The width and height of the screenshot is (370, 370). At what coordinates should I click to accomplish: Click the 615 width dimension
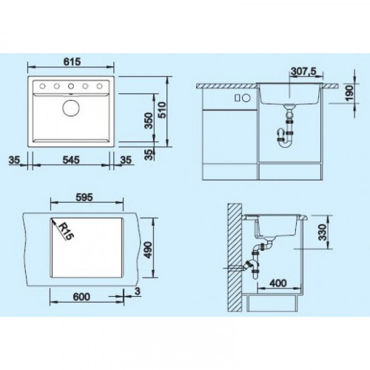pyautogui.click(x=72, y=61)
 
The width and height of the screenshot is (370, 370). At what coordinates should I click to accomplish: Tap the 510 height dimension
pyautogui.click(x=162, y=110)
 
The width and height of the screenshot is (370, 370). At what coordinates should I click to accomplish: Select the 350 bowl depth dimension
pyautogui.click(x=149, y=121)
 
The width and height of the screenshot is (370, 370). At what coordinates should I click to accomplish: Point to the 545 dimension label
pyautogui.click(x=71, y=160)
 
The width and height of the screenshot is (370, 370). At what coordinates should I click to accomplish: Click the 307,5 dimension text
pyautogui.click(x=303, y=72)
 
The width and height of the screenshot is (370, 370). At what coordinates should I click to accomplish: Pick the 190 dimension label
pyautogui.click(x=349, y=93)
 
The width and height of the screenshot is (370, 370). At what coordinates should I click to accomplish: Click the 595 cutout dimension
pyautogui.click(x=84, y=198)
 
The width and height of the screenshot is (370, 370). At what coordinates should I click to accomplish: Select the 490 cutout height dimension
pyautogui.click(x=148, y=250)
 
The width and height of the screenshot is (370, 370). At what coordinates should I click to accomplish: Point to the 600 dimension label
pyautogui.click(x=81, y=297)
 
